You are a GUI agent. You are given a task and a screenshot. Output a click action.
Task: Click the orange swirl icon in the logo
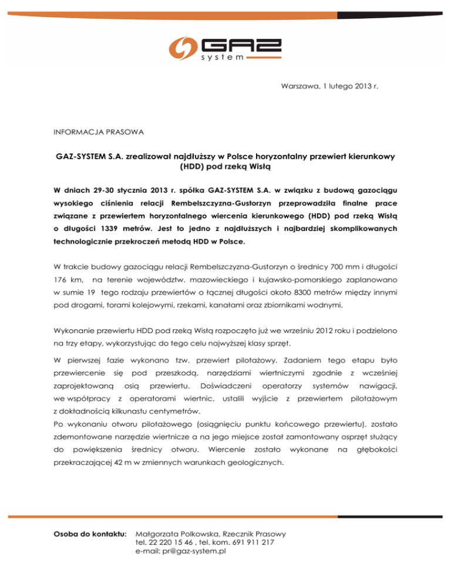click(184, 48)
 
